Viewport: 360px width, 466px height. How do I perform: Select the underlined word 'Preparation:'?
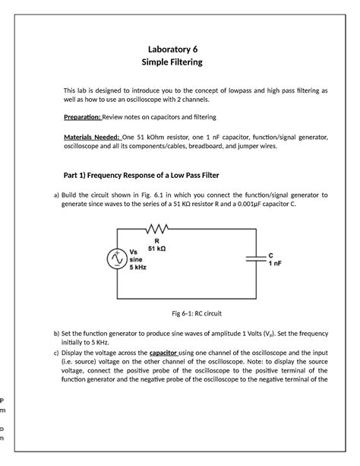point(86,117)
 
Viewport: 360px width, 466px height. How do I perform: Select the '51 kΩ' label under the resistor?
point(159,249)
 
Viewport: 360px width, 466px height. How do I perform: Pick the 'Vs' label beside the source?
point(134,251)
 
